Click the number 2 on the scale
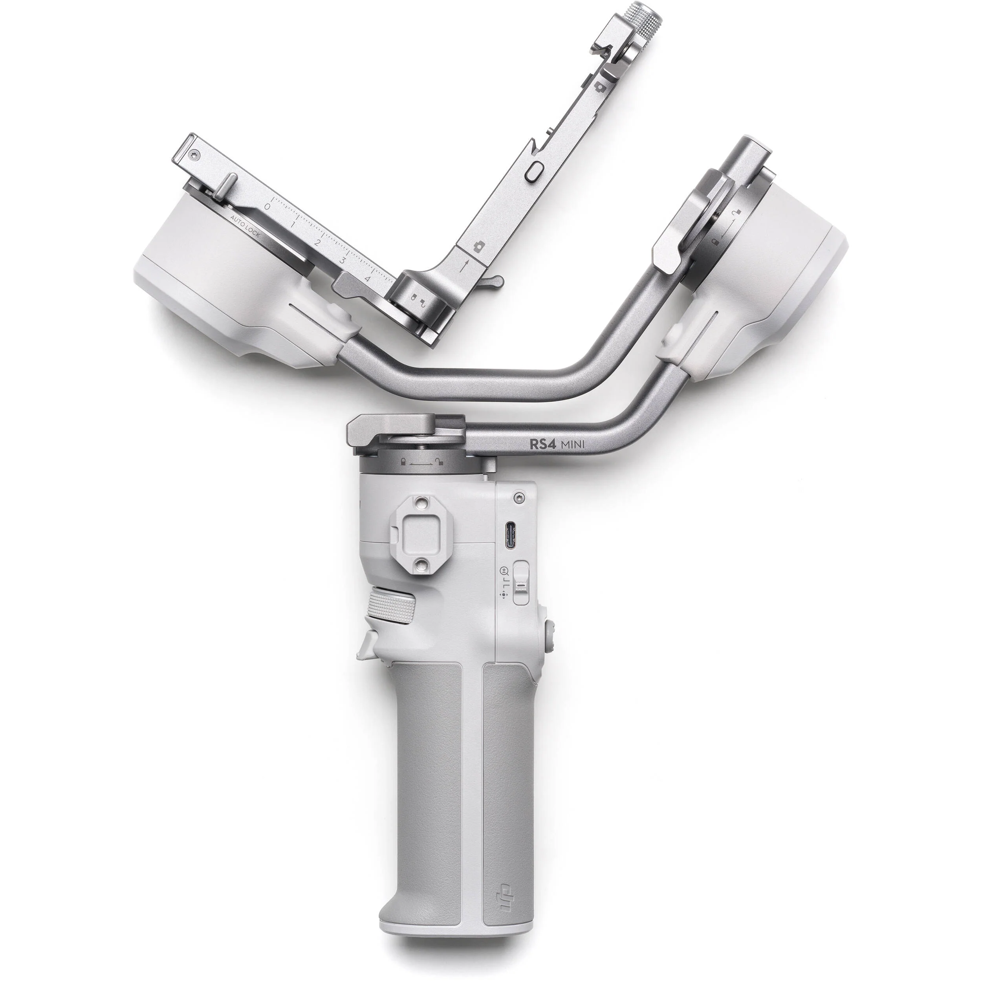tap(317, 243)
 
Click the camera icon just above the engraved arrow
tap(478, 247)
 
